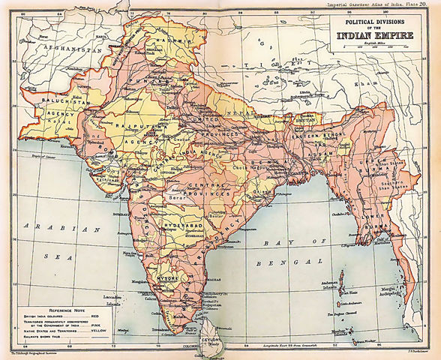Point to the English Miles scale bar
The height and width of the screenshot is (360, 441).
point(382,47)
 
